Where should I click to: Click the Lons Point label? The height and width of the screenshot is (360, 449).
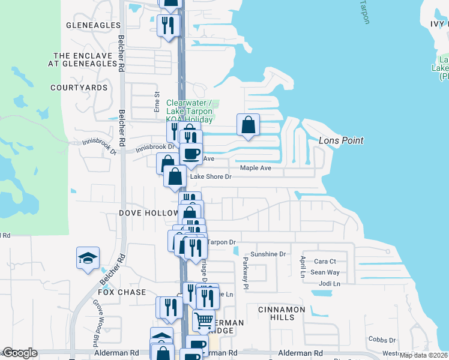[341, 140]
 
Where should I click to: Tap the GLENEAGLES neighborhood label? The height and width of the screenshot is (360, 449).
[94, 25]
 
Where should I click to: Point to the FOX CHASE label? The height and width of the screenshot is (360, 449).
[122, 292]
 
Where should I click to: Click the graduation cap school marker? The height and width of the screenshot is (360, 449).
[88, 258]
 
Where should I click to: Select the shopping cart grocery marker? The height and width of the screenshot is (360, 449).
[204, 320]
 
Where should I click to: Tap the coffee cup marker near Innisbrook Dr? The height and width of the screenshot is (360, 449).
[191, 154]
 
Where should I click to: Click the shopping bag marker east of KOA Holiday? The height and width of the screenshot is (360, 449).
[248, 125]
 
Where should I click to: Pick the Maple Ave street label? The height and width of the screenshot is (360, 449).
[256, 168]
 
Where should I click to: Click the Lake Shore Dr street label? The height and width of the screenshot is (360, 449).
[211, 177]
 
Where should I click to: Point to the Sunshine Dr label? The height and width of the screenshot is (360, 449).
[268, 254]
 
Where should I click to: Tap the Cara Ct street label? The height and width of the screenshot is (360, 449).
[325, 262]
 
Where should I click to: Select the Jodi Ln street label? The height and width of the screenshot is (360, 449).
[329, 283]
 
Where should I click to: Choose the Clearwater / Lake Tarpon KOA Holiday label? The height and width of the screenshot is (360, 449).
[189, 111]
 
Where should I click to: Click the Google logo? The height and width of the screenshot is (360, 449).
[20, 353]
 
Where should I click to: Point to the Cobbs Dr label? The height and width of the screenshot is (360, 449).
[381, 340]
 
